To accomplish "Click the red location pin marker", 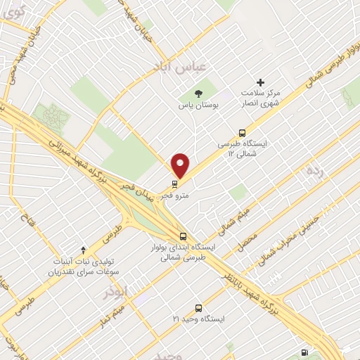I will click(x=181, y=165).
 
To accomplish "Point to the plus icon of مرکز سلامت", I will click(x=261, y=82).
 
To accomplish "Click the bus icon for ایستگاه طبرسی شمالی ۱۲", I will click(x=243, y=131).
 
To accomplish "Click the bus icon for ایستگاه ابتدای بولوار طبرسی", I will click(x=183, y=236).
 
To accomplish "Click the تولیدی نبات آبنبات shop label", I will click(x=83, y=265).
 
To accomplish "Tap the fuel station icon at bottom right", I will click(x=304, y=352).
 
